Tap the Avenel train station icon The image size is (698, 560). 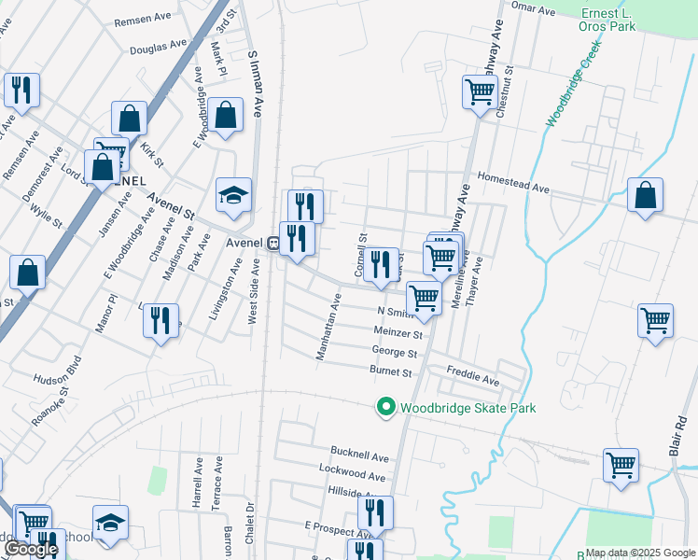pos(273,243)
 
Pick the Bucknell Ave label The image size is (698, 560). pos(359,457)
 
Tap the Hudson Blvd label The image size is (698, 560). pos(59,379)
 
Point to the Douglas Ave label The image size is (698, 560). pos(159,48)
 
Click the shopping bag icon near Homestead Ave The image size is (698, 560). pos(645,196)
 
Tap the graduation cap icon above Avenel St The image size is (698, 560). pos(234,195)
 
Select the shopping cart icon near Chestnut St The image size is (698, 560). pos(480,93)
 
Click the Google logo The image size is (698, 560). pos(31,548)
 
